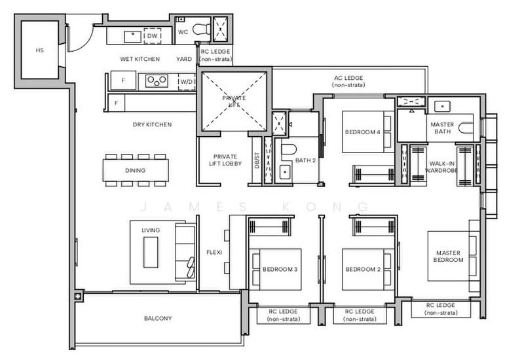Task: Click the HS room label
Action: pos(39,50)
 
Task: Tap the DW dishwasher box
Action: pos(153,36)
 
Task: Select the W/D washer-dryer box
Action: pos(187,82)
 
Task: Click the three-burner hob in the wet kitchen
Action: pos(157,81)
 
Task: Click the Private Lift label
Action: pos(234,101)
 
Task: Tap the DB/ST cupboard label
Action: pos(257,160)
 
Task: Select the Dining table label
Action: pos(136,170)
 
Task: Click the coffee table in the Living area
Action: pos(151,252)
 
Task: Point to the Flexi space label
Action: pos(214,253)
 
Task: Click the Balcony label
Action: pos(158,318)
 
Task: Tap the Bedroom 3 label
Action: pos(280,269)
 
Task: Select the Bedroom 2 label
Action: pos(364,269)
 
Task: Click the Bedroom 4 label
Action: pos(363,132)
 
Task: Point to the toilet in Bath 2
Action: pos(289,150)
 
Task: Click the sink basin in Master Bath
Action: pos(442,107)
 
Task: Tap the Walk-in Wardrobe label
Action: pos(441,167)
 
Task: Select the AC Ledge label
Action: pos(348,81)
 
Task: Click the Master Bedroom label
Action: pos(448,256)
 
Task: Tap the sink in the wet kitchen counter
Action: pos(133,37)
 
